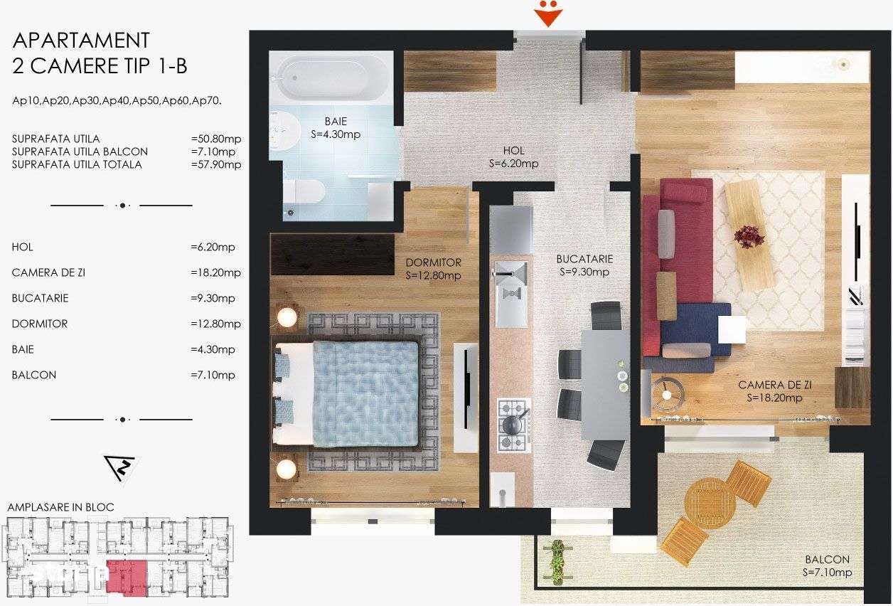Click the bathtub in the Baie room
(331, 79)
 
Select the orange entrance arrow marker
(548, 15)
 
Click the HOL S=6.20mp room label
(513, 157)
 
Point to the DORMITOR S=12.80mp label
(434, 269)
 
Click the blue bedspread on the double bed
(365, 393)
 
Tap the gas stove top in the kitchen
(513, 425)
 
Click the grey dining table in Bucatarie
(604, 384)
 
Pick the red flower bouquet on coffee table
(749, 236)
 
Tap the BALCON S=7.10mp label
(827, 566)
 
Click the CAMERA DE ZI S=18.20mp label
(775, 391)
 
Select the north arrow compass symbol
(120, 467)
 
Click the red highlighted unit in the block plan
(127, 577)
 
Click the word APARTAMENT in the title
(81, 40)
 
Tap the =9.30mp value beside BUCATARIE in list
(216, 298)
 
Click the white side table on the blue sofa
(732, 329)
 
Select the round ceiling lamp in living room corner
(844, 64)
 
